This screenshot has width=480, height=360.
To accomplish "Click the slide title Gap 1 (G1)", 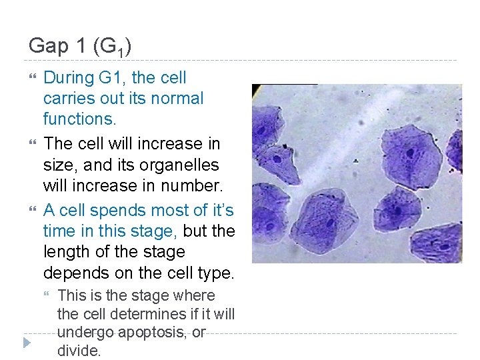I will click(x=80, y=46).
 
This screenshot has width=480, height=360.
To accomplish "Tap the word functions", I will click(x=79, y=119).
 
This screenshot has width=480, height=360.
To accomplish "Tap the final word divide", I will click(x=79, y=350).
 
